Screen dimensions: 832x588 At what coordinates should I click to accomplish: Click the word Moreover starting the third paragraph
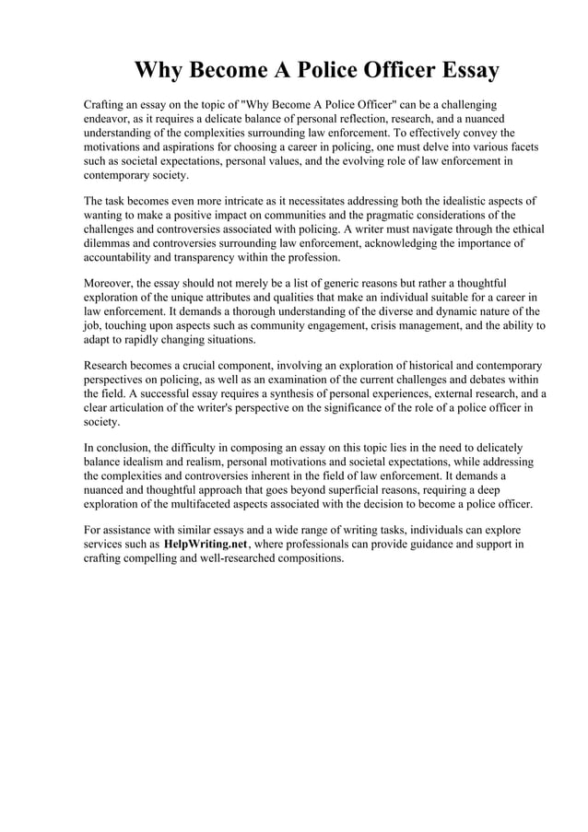(x=109, y=282)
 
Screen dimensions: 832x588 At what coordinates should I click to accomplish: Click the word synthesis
(x=258, y=393)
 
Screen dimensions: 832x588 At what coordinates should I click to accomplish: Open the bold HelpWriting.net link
(x=206, y=545)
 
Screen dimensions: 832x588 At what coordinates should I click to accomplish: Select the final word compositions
(x=307, y=558)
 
